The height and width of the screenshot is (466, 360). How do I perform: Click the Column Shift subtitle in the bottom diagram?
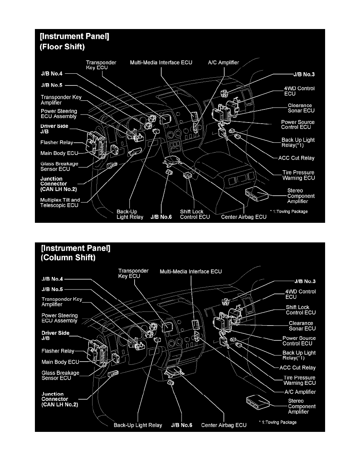click(x=67, y=258)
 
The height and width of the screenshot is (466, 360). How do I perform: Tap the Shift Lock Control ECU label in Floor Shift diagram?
click(x=192, y=214)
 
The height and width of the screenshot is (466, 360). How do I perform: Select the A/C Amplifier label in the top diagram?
click(x=224, y=62)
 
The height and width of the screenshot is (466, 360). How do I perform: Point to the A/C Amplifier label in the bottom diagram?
click(x=300, y=391)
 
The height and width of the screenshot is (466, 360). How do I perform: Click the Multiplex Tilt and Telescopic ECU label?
click(x=60, y=202)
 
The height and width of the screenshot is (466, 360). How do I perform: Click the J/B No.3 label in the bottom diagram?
click(x=305, y=281)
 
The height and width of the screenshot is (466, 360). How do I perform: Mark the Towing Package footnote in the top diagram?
click(x=289, y=211)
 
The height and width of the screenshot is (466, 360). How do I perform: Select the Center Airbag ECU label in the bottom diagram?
click(x=224, y=425)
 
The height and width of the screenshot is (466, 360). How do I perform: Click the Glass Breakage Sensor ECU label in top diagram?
click(x=59, y=166)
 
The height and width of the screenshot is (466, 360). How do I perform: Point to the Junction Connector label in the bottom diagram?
click(x=59, y=399)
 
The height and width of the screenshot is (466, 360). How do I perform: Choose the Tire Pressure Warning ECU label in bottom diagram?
click(x=300, y=380)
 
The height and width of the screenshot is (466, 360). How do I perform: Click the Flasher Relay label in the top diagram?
click(x=57, y=142)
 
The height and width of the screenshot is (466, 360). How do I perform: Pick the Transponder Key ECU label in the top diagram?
click(x=97, y=64)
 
